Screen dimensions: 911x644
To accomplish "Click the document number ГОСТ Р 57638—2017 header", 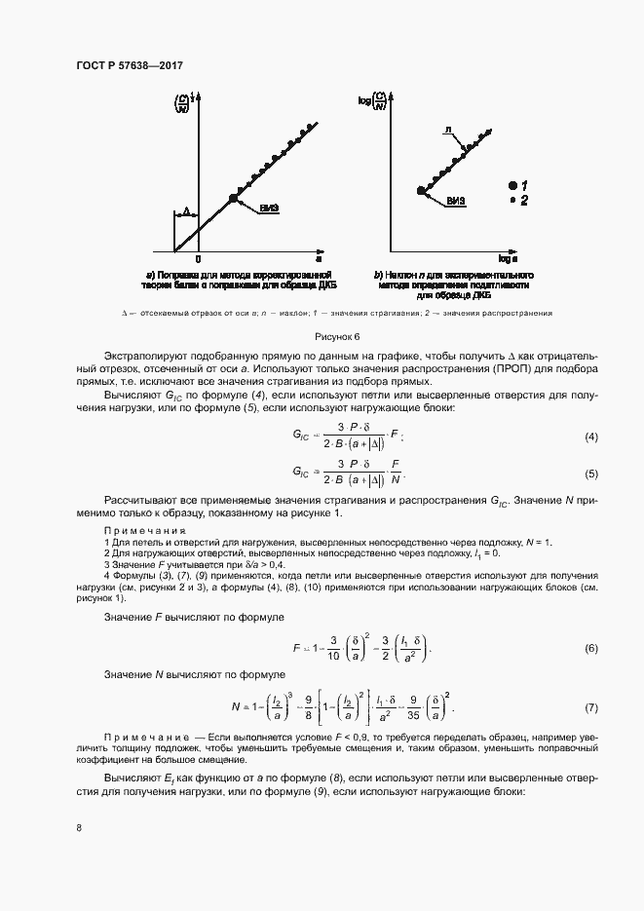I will pos(130,65).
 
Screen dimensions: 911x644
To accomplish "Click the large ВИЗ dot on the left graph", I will pos(233,198).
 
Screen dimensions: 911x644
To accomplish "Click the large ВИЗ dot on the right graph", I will pos(422,192).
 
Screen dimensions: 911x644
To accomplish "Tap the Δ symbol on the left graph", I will pos(185,210).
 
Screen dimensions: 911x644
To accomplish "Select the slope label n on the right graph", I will pos(446,129).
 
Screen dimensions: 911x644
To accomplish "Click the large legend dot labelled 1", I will pos(511,184).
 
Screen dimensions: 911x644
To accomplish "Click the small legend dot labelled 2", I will pos(512,200).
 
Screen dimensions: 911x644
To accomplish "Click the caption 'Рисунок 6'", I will pos(322,336).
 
